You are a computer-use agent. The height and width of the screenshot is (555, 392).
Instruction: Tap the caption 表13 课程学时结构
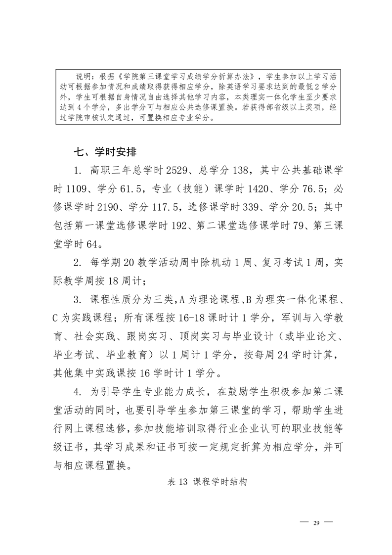[207, 482]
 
